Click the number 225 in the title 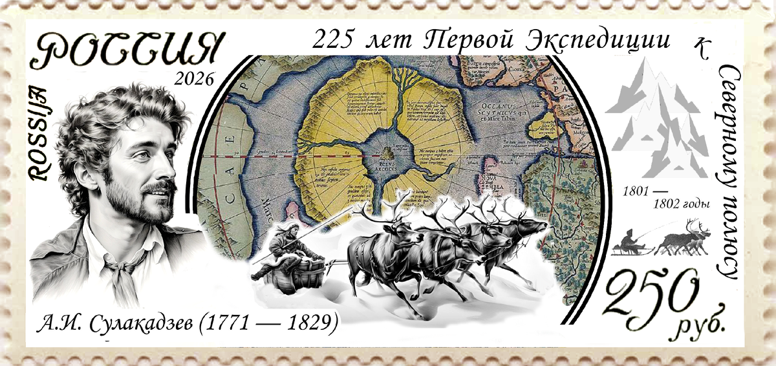[x=333, y=40]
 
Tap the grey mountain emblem [x=657, y=120]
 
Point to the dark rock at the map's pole [x=389, y=154]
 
